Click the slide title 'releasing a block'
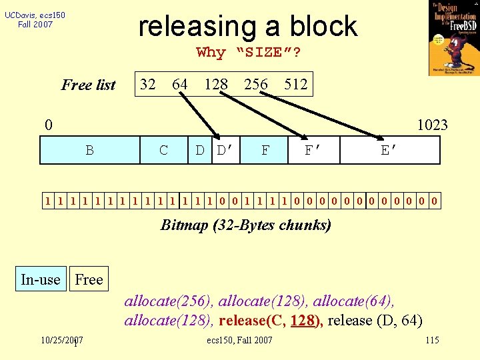(247, 26)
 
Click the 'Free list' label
(89, 85)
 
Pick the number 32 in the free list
(148, 84)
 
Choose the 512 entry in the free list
(295, 84)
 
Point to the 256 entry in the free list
(256, 84)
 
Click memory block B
(89, 150)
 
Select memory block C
(164, 150)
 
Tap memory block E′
(389, 150)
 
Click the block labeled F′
(314, 150)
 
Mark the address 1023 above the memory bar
(432, 125)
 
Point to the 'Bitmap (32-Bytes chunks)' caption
(246, 225)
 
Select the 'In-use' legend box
(41, 279)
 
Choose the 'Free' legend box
(89, 279)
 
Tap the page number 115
(432, 341)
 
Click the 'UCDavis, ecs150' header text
(35, 15)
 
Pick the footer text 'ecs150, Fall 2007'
(240, 341)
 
